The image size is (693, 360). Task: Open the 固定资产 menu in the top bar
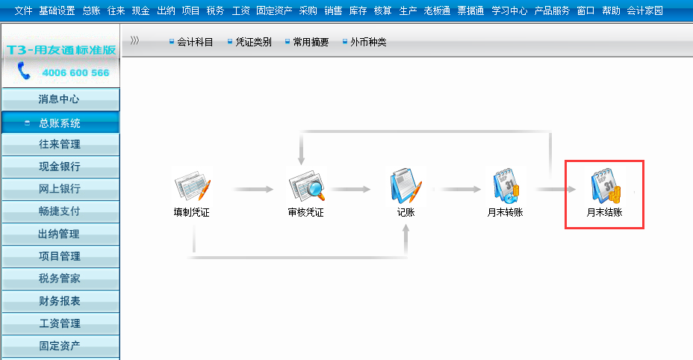[275, 11]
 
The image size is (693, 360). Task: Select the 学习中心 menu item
[509, 11]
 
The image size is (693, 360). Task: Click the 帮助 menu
[611, 11]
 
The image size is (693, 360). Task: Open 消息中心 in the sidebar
[60, 99]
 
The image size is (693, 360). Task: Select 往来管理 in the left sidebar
[60, 144]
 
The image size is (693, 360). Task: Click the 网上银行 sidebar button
[60, 189]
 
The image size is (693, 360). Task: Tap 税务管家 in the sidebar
[60, 279]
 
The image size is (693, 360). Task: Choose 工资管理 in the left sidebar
[60, 323]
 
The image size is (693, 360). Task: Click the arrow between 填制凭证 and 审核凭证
[248, 190]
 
